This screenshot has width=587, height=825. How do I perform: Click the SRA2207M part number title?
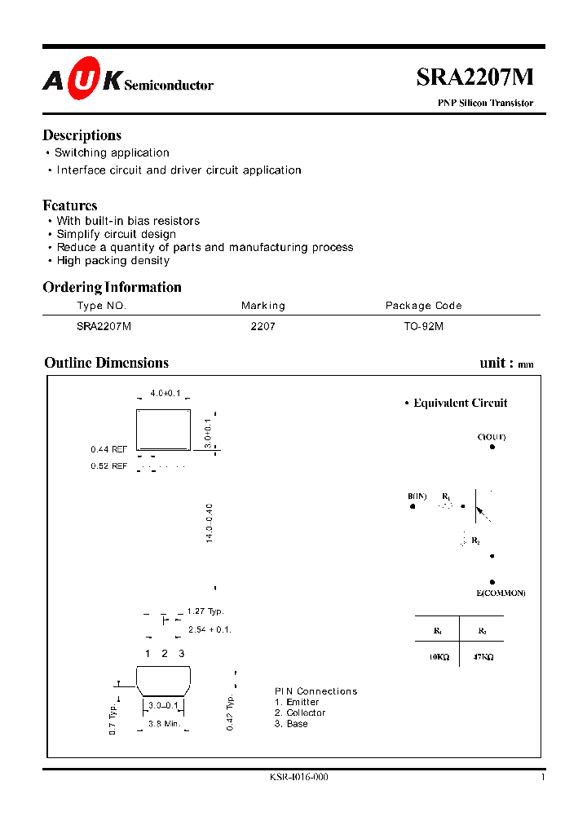(x=474, y=77)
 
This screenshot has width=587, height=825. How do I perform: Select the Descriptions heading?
(x=82, y=135)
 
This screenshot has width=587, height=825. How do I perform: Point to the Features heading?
(x=70, y=205)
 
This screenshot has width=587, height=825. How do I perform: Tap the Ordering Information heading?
(x=112, y=287)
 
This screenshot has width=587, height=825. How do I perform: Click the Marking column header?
(x=263, y=306)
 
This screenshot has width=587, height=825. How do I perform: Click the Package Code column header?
(x=423, y=306)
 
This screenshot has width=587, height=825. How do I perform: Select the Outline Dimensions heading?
(x=107, y=363)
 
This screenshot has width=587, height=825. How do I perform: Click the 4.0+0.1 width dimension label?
(x=165, y=394)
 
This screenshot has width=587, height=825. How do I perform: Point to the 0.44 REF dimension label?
(x=108, y=449)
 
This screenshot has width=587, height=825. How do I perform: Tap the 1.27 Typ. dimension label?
(x=205, y=611)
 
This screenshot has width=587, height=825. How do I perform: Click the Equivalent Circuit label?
(x=460, y=403)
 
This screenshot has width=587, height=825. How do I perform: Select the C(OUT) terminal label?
(x=492, y=437)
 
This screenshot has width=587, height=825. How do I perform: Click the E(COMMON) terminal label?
(x=501, y=593)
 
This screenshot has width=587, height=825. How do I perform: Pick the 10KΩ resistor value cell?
(x=437, y=655)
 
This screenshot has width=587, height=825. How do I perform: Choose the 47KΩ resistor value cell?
(x=481, y=655)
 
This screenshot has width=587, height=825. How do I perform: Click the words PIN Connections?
(x=316, y=691)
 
